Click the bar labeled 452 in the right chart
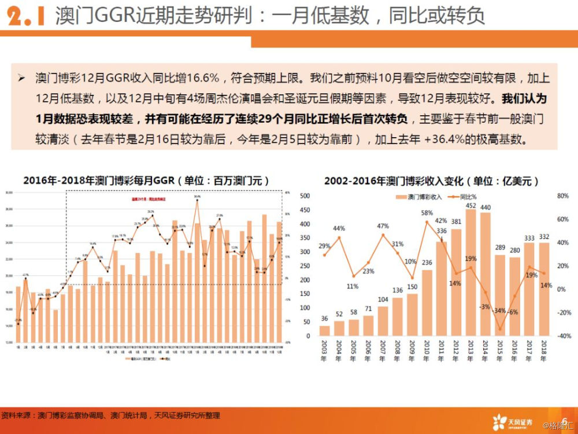(x=471, y=272)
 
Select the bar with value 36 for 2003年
(x=325, y=330)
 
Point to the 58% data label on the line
(x=427, y=213)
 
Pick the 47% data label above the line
(x=383, y=226)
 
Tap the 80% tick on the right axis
(x=563, y=196)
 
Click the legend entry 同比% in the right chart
(x=468, y=197)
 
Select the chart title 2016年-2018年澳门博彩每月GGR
(x=147, y=181)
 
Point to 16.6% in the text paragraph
(x=203, y=78)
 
